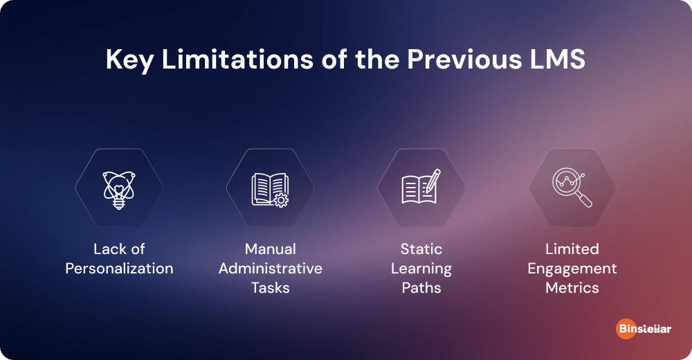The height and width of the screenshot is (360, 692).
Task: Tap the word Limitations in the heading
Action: [238, 59]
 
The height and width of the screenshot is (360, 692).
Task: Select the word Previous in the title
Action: [464, 59]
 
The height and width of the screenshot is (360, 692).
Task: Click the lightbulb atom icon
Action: [119, 190]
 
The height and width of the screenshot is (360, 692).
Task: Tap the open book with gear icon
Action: [270, 190]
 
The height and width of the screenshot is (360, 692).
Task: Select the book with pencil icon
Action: [421, 187]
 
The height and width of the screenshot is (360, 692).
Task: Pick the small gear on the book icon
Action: [281, 200]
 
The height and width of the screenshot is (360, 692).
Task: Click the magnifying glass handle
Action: [584, 199]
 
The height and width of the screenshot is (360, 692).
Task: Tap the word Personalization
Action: [119, 269]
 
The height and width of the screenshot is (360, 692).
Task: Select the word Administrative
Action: [271, 269]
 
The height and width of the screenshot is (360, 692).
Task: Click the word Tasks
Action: [271, 288]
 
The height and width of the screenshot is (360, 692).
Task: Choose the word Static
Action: [421, 249]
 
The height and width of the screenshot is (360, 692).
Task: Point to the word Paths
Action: [421, 288]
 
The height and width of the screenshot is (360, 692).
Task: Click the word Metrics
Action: [572, 288]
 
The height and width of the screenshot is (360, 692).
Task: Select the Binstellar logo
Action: [644, 329]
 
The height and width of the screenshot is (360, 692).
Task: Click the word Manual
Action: [271, 249]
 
